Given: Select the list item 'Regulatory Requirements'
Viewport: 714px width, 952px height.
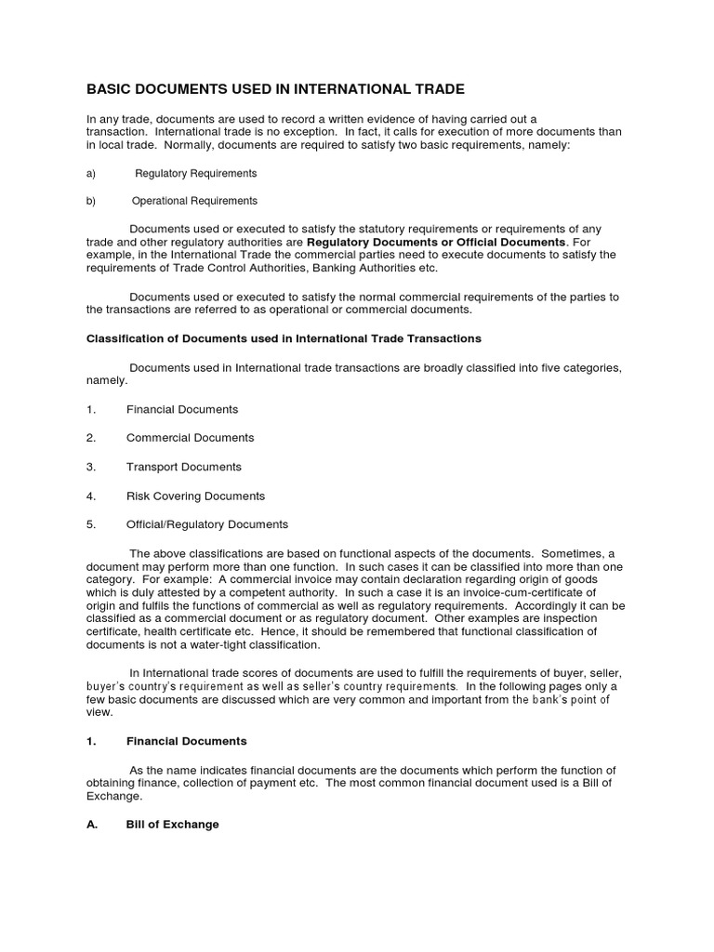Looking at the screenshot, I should tap(196, 174).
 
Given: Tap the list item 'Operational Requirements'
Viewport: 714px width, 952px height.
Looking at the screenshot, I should tap(194, 201).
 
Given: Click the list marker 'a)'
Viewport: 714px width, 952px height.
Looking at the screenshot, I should tap(91, 174).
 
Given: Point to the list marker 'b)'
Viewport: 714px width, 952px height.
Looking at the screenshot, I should tap(91, 201).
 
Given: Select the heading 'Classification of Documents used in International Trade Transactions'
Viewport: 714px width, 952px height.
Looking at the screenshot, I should tap(284, 337).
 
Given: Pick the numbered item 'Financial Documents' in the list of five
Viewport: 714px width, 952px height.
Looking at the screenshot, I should tap(182, 409).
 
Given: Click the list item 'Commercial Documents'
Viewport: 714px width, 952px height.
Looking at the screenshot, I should tap(190, 438).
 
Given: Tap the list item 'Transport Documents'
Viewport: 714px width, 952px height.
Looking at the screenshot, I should tap(184, 467).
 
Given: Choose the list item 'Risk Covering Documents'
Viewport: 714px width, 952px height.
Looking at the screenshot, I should tap(195, 496).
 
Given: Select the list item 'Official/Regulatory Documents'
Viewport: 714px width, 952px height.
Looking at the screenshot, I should tap(207, 524).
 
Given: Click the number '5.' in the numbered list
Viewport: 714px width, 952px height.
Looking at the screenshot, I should tap(91, 524).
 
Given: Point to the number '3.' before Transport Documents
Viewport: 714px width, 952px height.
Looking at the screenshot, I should tap(91, 467).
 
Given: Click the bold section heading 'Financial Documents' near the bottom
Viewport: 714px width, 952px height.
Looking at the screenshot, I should tap(187, 741).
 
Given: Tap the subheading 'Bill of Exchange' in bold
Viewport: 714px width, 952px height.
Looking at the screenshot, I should tap(173, 825).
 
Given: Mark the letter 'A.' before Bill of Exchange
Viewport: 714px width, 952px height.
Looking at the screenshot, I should tap(92, 825).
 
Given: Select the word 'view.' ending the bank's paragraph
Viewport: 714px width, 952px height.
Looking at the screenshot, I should tap(99, 712).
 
